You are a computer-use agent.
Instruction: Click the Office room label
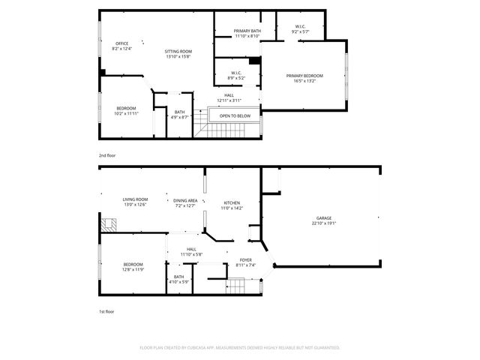[121, 46]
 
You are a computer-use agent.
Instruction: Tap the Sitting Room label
[178, 53]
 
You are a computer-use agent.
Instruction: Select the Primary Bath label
[246, 34]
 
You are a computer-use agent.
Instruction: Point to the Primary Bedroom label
[303, 78]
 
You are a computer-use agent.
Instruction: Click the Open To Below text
[235, 116]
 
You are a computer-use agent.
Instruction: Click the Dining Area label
[184, 202]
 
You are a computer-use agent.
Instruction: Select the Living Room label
[135, 202]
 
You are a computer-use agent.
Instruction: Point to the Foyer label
[245, 262]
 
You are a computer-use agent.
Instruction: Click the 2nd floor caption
[107, 155]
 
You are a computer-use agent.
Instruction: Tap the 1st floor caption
[107, 310]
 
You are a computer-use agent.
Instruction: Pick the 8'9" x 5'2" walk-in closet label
[236, 75]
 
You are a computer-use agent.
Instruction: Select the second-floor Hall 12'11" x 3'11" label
[229, 97]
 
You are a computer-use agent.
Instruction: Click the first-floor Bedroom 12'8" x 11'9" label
[133, 266]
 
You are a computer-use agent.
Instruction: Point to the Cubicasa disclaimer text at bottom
[240, 348]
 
